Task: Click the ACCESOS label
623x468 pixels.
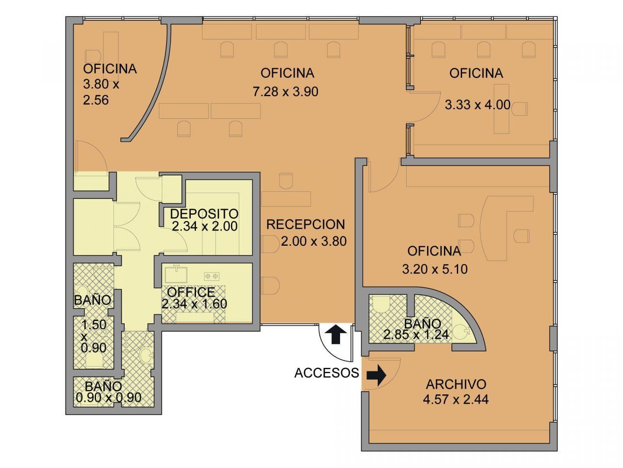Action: (327, 373)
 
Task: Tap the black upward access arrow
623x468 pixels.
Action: (336, 334)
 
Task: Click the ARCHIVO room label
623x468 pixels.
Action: (456, 384)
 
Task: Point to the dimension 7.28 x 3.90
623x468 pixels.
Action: (286, 92)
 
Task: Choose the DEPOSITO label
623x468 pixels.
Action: (204, 214)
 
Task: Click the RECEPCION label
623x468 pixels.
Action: (306, 224)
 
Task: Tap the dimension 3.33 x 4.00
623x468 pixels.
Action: (478, 104)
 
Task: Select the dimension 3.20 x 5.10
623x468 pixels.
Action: (435, 269)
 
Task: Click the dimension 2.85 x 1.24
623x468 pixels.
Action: (416, 335)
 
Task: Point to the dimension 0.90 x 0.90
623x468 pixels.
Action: (109, 397)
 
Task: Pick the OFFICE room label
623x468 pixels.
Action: (191, 292)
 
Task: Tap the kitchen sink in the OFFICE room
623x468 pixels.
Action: (176, 273)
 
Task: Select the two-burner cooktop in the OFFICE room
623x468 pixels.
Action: (212, 276)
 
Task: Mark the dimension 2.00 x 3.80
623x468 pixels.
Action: (314, 241)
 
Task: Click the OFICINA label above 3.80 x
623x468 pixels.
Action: (110, 69)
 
